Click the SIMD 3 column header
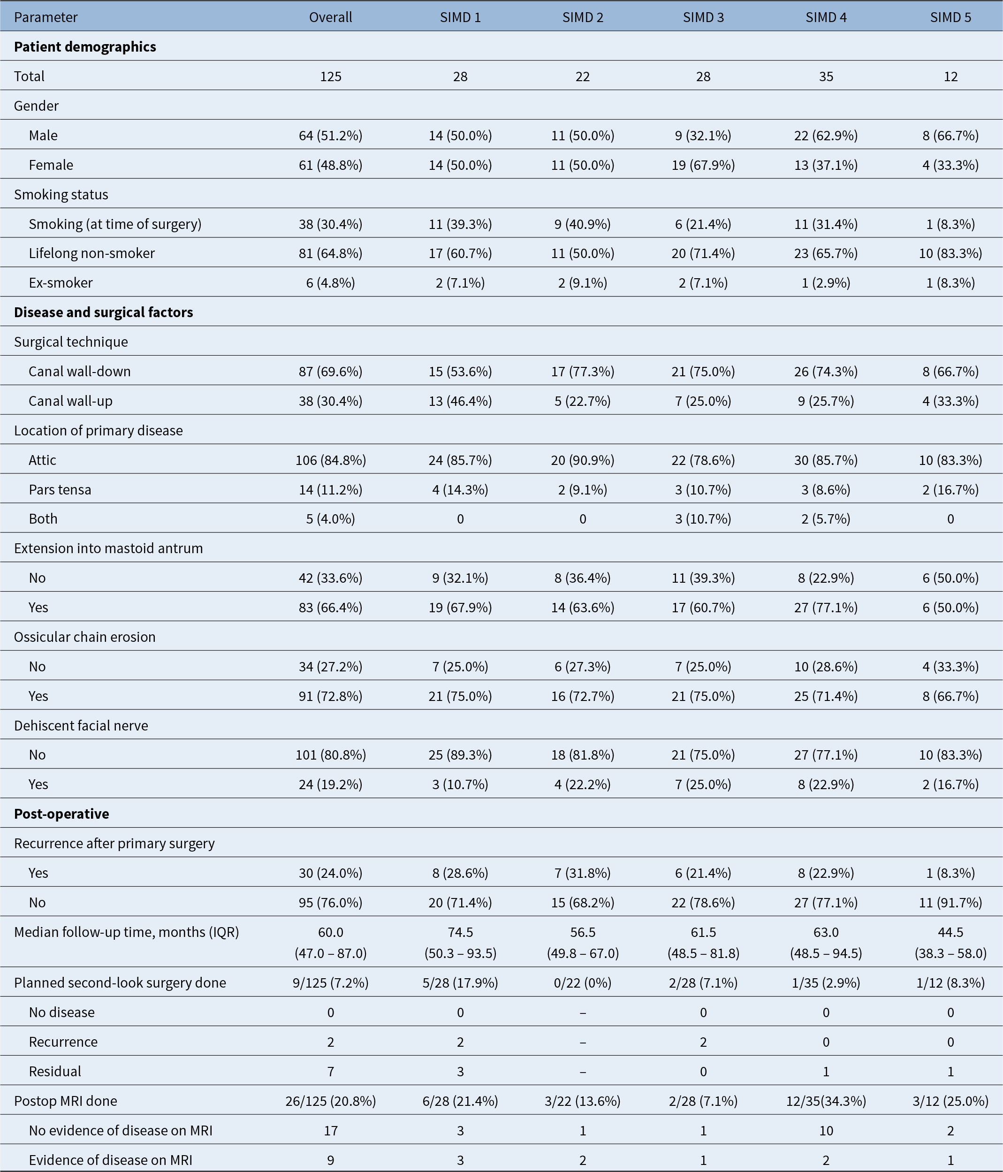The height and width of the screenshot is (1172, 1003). point(703,17)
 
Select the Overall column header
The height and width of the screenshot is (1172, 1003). point(330,17)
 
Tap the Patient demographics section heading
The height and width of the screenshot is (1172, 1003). point(85,47)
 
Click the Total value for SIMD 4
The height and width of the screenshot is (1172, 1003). point(826,76)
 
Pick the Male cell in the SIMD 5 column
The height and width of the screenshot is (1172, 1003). point(950,136)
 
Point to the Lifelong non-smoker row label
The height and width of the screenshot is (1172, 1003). point(91,253)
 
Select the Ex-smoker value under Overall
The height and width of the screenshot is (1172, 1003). point(330,283)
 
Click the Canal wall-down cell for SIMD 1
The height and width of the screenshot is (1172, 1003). point(460,372)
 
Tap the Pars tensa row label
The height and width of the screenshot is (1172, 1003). point(60,490)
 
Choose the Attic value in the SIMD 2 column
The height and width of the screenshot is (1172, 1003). point(583,460)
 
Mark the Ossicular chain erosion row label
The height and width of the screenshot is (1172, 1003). point(85,638)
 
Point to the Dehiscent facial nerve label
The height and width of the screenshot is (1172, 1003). point(81,726)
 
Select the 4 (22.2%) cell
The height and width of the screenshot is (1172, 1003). point(583,784)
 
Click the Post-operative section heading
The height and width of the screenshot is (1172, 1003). point(61,814)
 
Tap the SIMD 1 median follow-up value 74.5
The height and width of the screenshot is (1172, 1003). point(460,932)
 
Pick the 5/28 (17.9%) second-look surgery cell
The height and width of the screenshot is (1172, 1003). point(460,983)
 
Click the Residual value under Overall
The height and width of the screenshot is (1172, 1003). point(330,1071)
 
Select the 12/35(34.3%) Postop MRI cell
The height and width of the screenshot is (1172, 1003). point(826,1101)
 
